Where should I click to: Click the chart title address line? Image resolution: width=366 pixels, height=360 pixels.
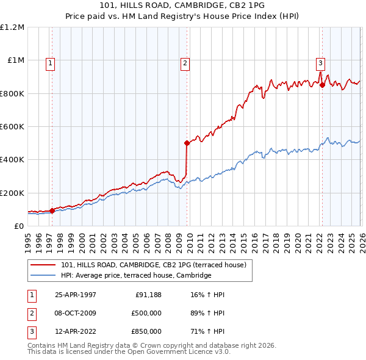coord(183,5)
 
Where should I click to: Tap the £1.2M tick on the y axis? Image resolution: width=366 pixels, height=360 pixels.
coord(12,27)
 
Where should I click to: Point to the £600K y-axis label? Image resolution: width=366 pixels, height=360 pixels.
coord(12,127)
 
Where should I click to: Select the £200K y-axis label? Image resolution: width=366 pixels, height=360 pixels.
coord(12,193)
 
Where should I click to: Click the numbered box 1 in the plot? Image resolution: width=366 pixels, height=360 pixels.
coord(49,62)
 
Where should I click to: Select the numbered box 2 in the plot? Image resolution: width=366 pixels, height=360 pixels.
coord(184,62)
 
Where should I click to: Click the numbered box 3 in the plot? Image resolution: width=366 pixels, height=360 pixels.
coord(320,62)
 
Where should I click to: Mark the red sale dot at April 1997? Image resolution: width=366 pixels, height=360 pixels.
coord(52,211)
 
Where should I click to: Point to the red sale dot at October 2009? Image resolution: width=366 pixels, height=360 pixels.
coord(187,143)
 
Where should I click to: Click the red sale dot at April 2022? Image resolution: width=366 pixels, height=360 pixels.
coord(322,85)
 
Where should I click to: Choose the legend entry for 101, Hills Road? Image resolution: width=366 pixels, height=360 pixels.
coord(153,265)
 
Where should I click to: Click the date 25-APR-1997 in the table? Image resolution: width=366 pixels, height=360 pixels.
coord(76,295)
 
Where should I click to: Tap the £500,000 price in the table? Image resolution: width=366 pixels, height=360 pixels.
coord(146,313)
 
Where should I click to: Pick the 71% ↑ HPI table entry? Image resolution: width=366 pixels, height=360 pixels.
coord(207,331)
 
